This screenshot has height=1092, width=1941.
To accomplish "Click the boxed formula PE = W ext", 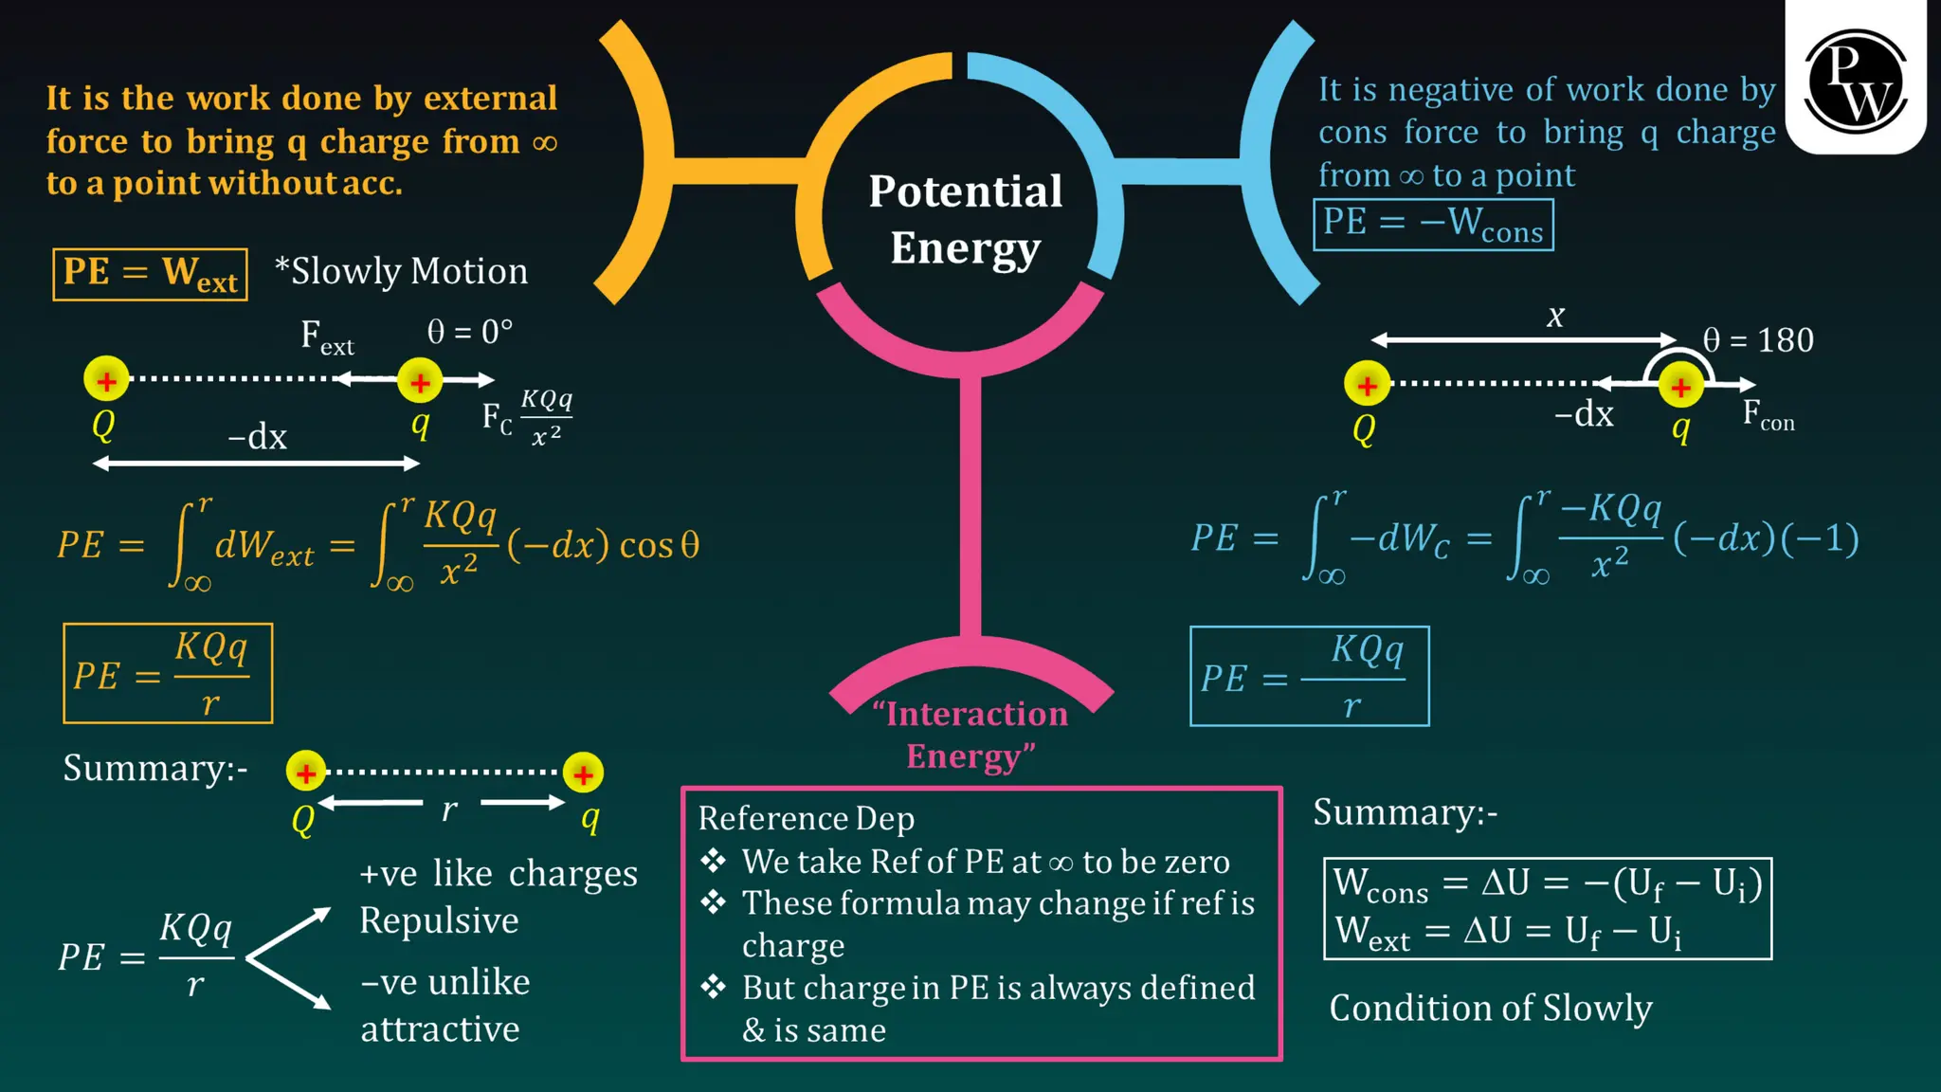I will [150, 274].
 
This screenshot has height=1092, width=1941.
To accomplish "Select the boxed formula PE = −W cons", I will [1432, 225].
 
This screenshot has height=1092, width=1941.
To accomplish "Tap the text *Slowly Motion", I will [401, 272].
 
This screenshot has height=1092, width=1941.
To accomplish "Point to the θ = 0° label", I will [469, 332].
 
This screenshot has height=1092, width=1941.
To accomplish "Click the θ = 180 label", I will [1757, 340].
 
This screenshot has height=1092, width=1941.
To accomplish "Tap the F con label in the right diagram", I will [1768, 415].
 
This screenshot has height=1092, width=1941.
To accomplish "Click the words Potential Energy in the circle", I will [965, 219].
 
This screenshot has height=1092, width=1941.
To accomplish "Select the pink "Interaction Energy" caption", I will [970, 735].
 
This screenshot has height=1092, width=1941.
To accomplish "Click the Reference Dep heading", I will [807, 819].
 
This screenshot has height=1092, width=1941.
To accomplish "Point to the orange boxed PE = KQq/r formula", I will [168, 674].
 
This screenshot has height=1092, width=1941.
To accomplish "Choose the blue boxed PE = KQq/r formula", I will [1309, 677].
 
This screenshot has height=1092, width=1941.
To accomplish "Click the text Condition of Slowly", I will [1490, 1009].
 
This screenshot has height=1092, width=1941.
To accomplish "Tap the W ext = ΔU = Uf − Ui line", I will [1508, 933].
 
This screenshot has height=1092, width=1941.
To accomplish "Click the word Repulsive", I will [439, 920].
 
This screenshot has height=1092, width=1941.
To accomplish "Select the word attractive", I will [440, 1029].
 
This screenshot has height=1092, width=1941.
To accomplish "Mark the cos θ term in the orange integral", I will [659, 546].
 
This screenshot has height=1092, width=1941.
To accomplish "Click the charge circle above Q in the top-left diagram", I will [106, 380].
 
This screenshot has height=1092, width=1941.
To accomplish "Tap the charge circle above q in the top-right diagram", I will [1680, 387].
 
